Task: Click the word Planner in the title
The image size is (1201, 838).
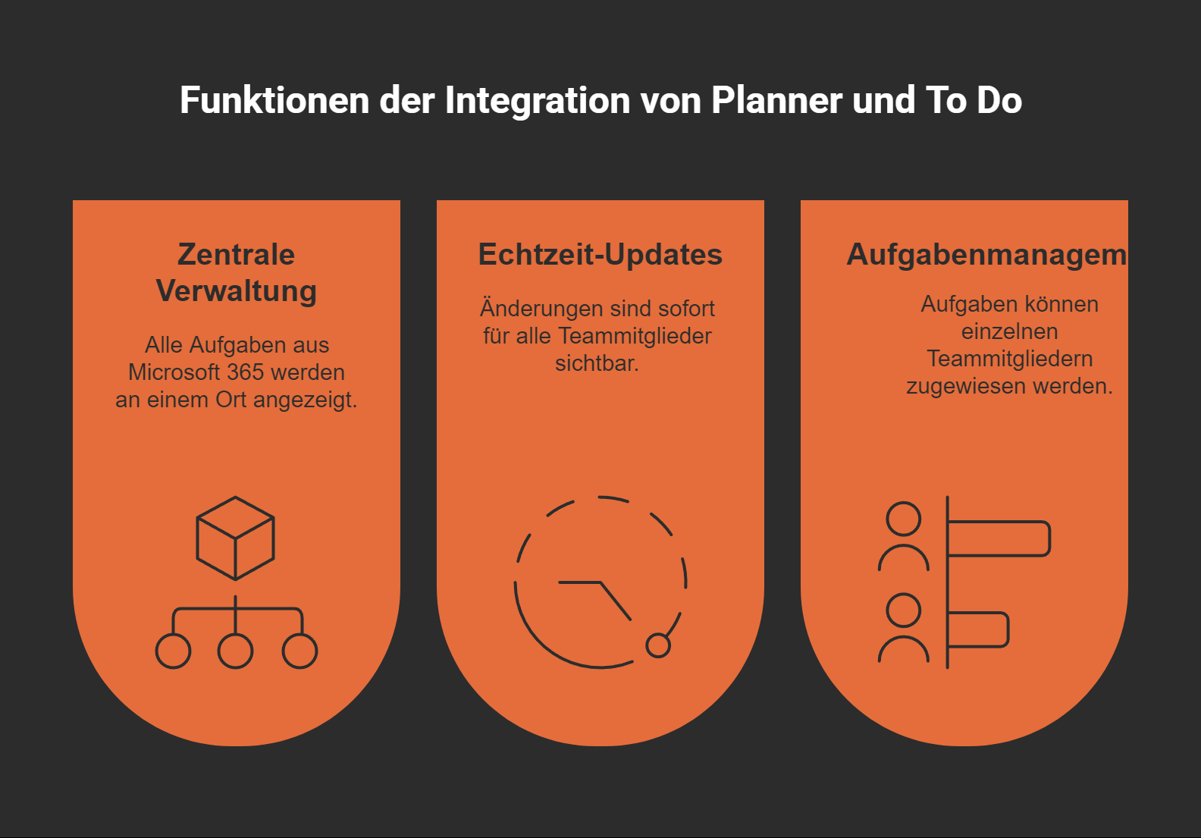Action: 776,101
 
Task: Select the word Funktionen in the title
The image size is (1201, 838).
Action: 274,101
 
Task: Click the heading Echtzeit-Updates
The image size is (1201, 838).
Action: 600,255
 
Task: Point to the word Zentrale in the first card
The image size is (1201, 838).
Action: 236,255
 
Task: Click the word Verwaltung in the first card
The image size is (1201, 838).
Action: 236,291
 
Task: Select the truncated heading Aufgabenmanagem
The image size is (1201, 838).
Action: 986,255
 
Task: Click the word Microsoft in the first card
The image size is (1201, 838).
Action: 174,372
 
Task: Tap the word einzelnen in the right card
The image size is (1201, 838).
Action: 1009,331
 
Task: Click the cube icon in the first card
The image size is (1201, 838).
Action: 235,538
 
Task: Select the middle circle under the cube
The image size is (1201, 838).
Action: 235,651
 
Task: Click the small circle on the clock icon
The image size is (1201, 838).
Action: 657,645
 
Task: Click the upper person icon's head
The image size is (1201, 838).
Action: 903,519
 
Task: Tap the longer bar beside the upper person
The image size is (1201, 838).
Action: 999,538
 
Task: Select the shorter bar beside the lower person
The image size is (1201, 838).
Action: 978,629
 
